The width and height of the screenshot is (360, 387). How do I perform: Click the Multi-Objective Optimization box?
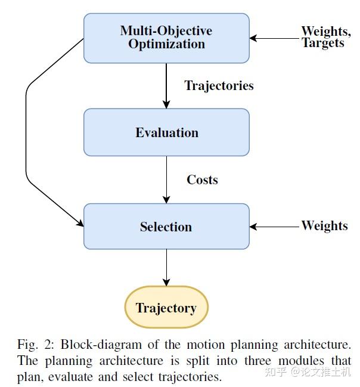tap(166, 38)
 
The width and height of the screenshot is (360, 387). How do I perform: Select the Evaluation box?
tap(166, 132)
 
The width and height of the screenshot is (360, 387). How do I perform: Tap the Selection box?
tap(166, 227)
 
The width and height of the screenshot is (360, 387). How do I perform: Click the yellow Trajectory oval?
tap(166, 308)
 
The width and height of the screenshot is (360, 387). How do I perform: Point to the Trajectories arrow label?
tap(219, 85)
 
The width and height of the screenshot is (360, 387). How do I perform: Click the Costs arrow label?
tap(202, 179)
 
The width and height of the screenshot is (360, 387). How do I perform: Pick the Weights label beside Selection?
tap(324, 225)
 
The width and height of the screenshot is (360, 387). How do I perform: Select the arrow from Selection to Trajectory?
tap(166, 268)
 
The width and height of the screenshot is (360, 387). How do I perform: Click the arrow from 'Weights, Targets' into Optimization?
tap(275, 38)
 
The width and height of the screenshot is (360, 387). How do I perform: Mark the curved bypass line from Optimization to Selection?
tap(26, 131)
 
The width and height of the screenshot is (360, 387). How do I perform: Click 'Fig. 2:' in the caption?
tap(35, 345)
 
